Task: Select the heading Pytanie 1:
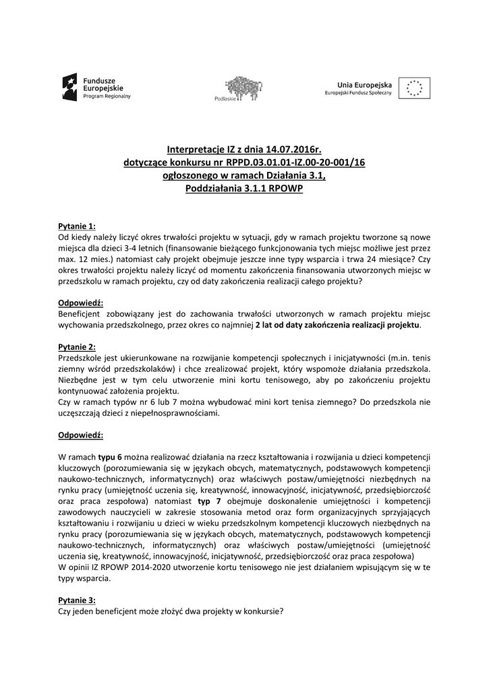(x=77, y=226)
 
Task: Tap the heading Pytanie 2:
(x=77, y=346)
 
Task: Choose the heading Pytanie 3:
(x=77, y=599)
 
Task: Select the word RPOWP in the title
(x=285, y=189)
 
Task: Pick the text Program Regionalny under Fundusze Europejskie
(x=107, y=96)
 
